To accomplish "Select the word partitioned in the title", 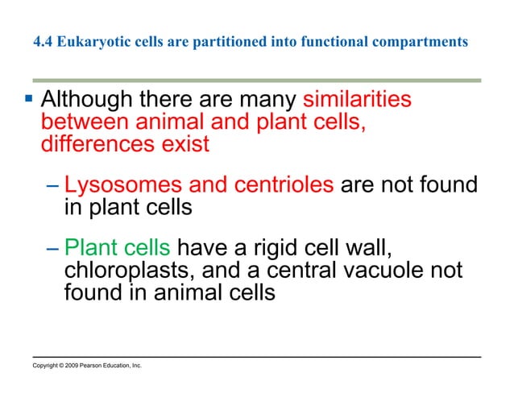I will [221, 42].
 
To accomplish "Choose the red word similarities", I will [357, 101].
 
